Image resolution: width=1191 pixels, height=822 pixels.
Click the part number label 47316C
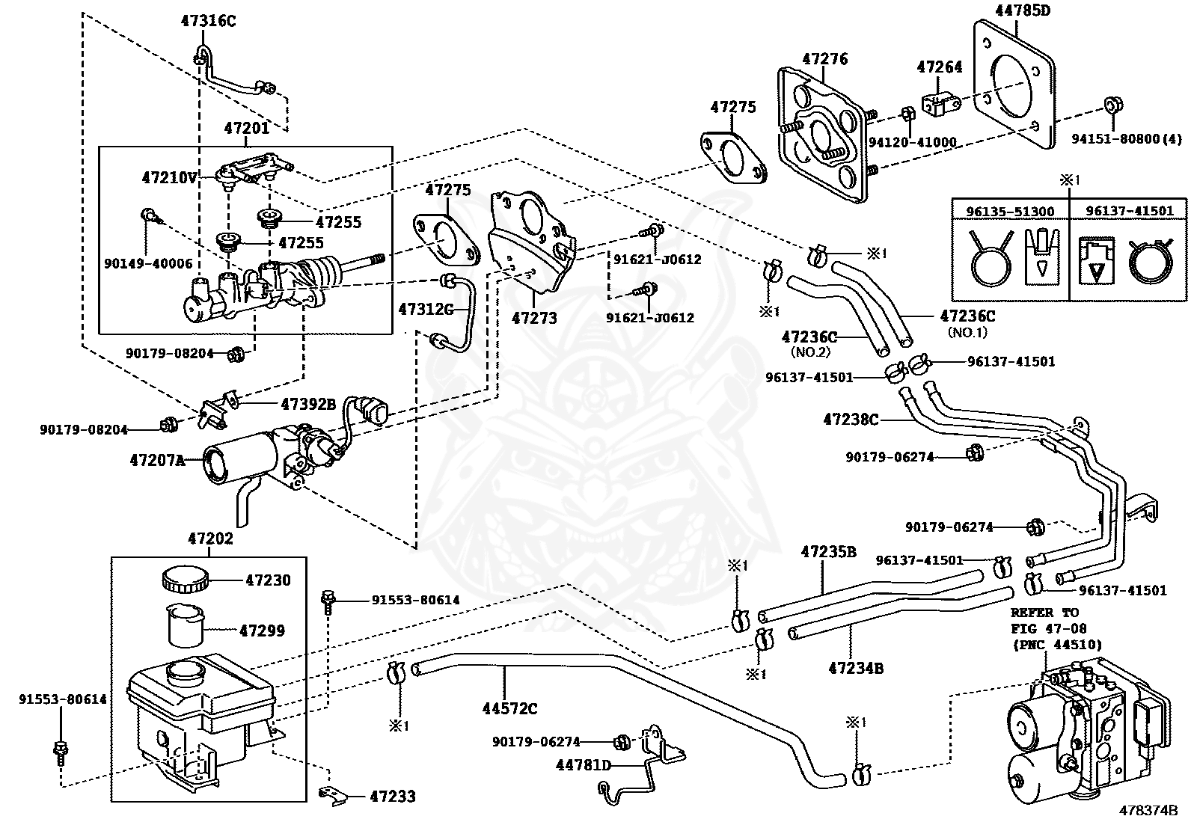pyautogui.click(x=208, y=21)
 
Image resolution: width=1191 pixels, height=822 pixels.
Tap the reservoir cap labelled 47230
pyautogui.click(x=184, y=580)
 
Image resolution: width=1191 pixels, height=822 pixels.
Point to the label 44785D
pyautogui.click(x=1023, y=10)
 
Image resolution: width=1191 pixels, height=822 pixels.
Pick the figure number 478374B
pyautogui.click(x=1148, y=810)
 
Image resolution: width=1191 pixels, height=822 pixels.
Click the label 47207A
pyautogui.click(x=158, y=460)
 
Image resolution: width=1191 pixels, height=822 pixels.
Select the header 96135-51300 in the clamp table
pyautogui.click(x=1010, y=212)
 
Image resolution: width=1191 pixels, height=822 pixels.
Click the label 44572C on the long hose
pyautogui.click(x=510, y=708)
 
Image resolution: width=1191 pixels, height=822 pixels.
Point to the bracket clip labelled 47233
pyautogui.click(x=333, y=795)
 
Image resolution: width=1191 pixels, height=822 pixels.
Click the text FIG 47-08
pyautogui.click(x=1041, y=628)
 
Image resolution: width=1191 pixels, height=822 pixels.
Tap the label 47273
pyautogui.click(x=534, y=318)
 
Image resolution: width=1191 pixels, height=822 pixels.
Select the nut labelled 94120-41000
pyautogui.click(x=907, y=113)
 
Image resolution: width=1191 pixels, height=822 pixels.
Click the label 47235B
pyautogui.click(x=828, y=552)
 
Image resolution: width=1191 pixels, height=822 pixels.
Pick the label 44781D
pyautogui.click(x=584, y=764)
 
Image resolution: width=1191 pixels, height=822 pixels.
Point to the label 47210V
pyautogui.click(x=170, y=177)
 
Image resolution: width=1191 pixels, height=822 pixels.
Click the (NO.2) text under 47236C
pyautogui.click(x=810, y=352)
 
